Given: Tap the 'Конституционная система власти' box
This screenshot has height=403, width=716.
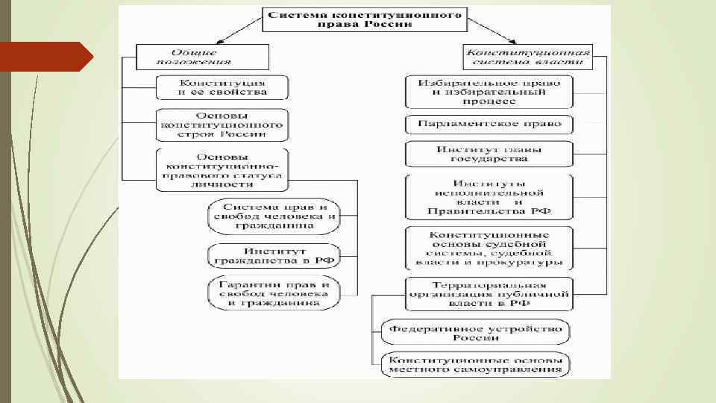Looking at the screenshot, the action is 527,57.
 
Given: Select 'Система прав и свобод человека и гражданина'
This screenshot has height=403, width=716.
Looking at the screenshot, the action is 273,215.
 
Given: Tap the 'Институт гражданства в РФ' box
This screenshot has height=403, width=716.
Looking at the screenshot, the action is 273,255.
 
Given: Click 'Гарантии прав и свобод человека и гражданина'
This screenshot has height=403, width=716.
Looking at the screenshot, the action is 273,295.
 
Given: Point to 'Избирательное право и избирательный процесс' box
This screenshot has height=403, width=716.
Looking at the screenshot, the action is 489,91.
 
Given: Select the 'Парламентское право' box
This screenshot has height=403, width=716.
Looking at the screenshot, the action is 489,123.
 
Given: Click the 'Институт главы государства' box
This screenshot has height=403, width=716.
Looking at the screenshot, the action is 489,154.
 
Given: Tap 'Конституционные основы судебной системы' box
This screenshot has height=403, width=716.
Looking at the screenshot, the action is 489,248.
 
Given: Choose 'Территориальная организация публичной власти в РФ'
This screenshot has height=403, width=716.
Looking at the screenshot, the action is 489,294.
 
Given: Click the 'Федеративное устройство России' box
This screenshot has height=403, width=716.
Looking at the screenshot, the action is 475,332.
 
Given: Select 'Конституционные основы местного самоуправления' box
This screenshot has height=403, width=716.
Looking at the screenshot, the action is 475,363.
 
